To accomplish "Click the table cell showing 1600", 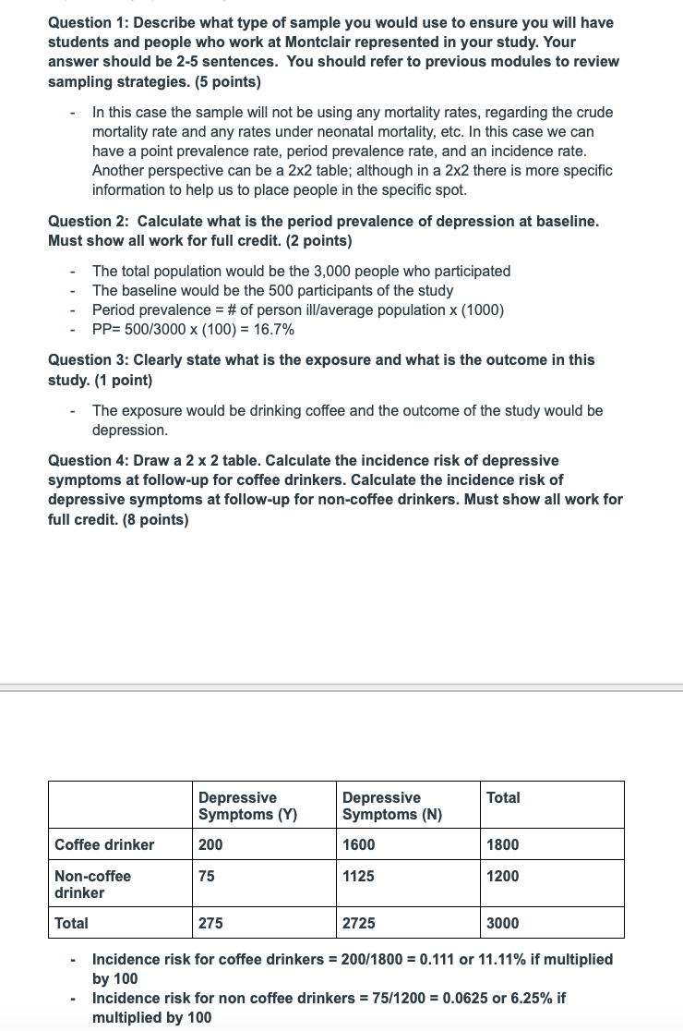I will tap(358, 844).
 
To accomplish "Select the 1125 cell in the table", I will tap(358, 876).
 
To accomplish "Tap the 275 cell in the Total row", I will tap(210, 923).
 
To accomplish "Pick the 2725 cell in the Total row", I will tap(358, 923).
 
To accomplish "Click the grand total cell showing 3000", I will tap(503, 923).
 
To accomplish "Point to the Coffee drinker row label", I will tap(105, 844).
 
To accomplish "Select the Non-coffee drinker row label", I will tap(92, 884).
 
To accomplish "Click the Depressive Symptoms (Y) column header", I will tap(247, 806).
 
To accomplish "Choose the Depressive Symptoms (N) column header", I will tap(392, 806).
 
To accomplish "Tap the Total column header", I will tap(503, 797).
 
